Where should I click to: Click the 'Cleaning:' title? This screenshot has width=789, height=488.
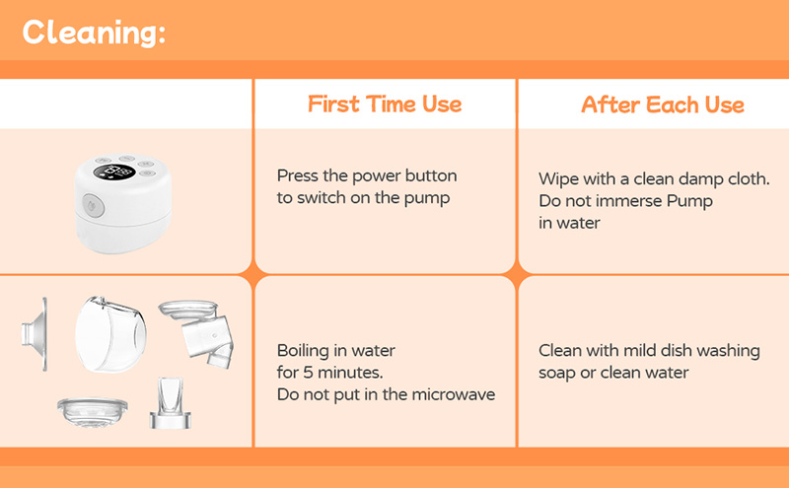point(94,34)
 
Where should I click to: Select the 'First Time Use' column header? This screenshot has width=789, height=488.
point(385,105)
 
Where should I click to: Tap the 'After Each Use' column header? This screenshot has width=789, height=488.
point(663,105)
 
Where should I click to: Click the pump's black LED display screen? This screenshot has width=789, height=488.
point(114,173)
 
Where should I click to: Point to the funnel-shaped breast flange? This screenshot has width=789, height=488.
point(36,334)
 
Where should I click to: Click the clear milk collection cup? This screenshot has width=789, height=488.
point(110,334)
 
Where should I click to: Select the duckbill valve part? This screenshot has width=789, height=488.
point(171,404)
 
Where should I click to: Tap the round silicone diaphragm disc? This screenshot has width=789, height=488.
point(92,411)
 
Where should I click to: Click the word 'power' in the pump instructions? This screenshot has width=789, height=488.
point(376,176)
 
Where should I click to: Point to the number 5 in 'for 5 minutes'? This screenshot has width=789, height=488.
point(308,373)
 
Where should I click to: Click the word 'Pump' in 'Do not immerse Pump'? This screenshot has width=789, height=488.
point(689,201)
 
